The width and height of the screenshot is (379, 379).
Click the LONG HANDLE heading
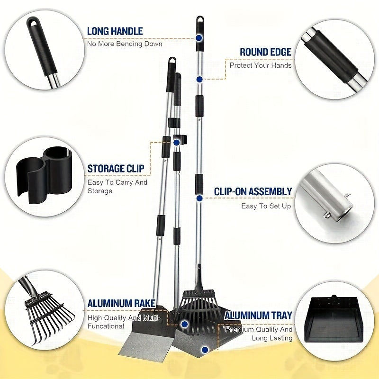click(115, 31)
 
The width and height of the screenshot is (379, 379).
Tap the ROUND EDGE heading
click(265, 52)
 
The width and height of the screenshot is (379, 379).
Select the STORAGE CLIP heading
click(116, 169)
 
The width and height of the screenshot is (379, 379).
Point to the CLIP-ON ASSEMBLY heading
click(253, 192)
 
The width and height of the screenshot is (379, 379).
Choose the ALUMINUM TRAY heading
click(258, 316)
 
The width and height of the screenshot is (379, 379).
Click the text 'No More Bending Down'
click(125, 44)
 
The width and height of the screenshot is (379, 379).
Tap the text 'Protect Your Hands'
click(261, 65)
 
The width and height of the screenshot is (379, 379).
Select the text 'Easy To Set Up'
click(266, 206)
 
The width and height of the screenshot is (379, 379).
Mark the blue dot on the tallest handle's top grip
click(199, 36)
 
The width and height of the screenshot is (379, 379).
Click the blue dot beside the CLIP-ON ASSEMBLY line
click(200, 198)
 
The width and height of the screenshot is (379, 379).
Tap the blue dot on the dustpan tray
click(204, 350)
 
